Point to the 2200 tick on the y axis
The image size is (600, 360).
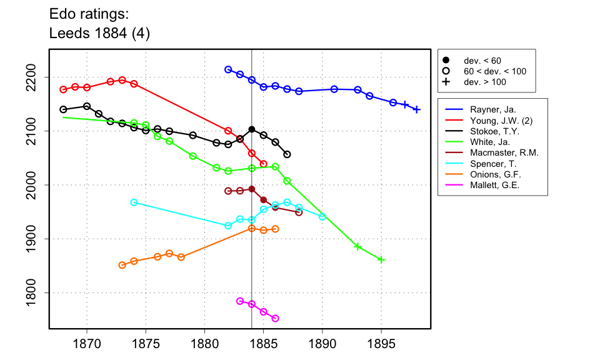point(49,77)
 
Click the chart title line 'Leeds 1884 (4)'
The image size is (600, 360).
point(99,33)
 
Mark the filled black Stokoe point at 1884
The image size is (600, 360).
point(252,129)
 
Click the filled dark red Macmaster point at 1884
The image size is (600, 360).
point(252,189)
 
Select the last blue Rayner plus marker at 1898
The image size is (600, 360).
point(417,109)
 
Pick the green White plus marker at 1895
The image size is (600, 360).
point(381,259)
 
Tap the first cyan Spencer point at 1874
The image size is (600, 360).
point(134,202)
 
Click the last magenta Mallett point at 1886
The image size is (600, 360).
point(276,319)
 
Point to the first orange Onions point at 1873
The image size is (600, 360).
point(122,265)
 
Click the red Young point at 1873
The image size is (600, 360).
point(122,80)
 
